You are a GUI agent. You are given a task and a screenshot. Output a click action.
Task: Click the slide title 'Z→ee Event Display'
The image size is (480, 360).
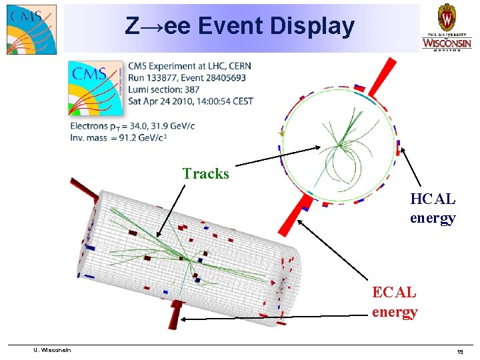click(x=240, y=27)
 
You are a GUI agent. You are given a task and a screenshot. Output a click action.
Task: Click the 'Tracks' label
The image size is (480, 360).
click(x=205, y=174)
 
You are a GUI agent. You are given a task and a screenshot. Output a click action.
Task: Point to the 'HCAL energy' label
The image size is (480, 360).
click(x=433, y=208)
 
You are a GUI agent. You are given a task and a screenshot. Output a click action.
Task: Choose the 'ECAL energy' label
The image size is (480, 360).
click(x=395, y=301)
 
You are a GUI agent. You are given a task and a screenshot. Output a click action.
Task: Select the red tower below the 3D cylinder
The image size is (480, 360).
click(x=176, y=313)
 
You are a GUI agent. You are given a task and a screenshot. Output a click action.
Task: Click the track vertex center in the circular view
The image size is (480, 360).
click(x=339, y=144)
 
